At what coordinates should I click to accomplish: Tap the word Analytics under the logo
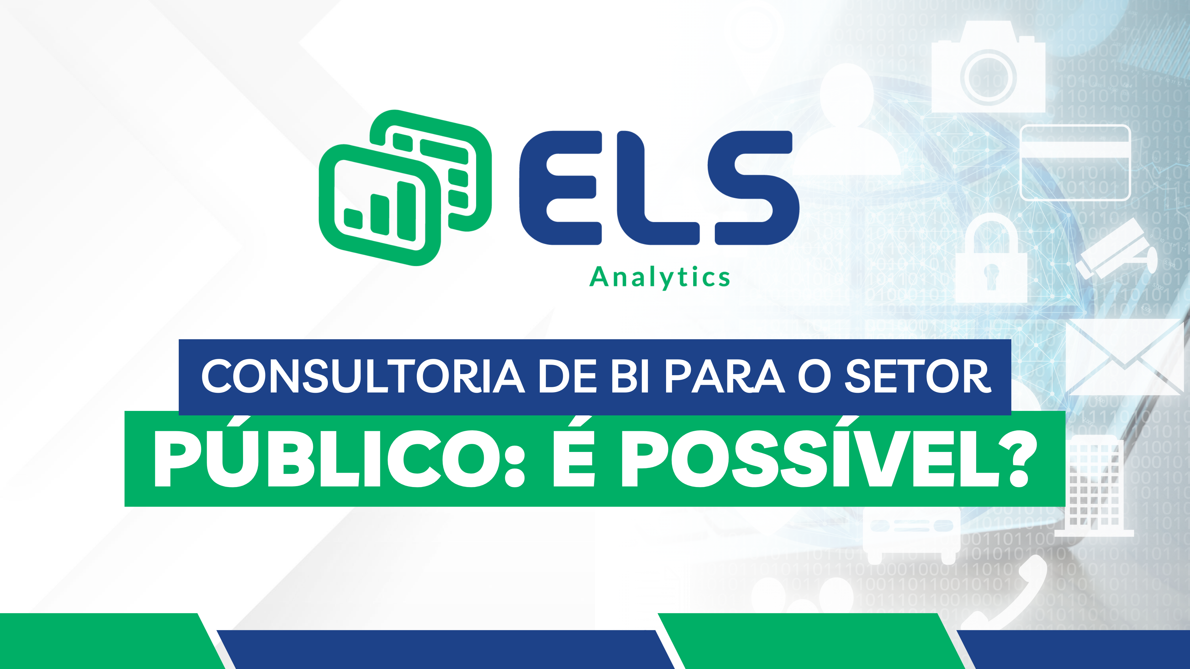point(660,277)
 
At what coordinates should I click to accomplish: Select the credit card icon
point(1075,163)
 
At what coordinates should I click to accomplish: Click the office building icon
point(1097,485)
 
